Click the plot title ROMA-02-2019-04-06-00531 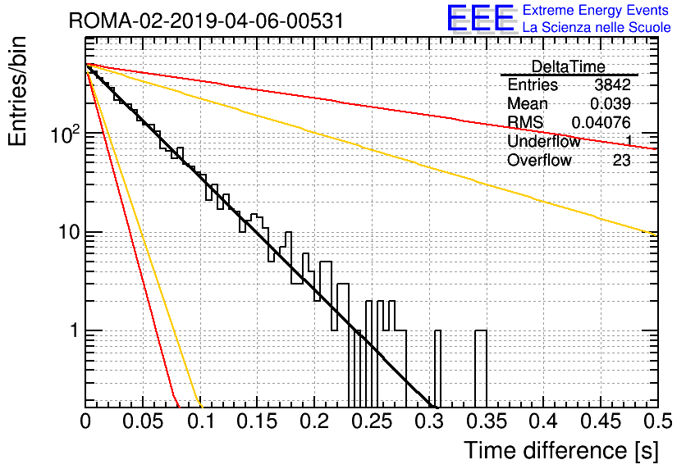point(206,21)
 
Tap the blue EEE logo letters point(481,17)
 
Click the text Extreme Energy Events point(596,10)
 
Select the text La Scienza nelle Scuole point(597,27)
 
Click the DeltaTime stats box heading point(568,66)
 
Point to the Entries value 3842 point(612,84)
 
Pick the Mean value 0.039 point(611,103)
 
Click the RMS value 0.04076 point(601,122)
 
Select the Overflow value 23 point(622,161)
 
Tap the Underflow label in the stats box point(544,141)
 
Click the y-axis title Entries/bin point(17,91)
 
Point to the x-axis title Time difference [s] point(561,450)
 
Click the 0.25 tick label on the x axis point(372,421)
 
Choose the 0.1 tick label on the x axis point(201,421)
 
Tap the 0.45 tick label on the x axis point(601,421)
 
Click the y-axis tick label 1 point(75,331)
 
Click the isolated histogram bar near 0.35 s point(481,368)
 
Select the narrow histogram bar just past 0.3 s point(437,368)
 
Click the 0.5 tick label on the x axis point(658,421)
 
